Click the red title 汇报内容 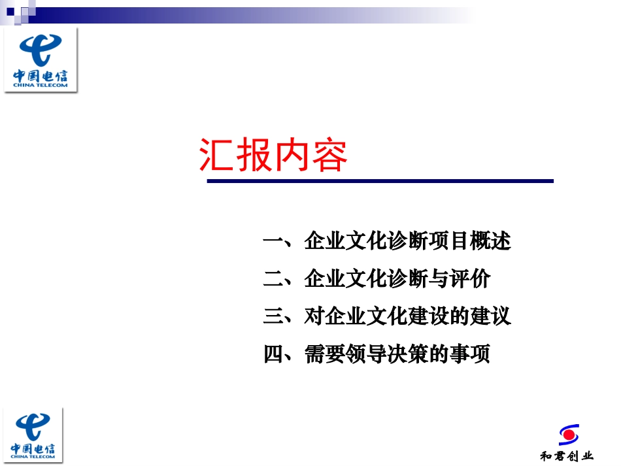coord(273,155)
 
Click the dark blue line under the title coord(380,181)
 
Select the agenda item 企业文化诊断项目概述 coord(407,241)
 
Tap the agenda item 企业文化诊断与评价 coord(397,278)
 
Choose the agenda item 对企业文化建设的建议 coord(407,316)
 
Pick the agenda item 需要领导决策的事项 coord(397,353)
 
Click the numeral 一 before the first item coord(273,241)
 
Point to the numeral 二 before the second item coord(273,278)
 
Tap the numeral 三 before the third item coord(273,316)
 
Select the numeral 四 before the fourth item coord(273,353)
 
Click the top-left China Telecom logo coord(41,60)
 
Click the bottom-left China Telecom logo coord(33,435)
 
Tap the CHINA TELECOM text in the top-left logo coord(41,85)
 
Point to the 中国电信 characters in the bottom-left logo coord(33,448)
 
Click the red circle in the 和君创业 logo coord(569,435)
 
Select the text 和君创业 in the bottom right coord(567,456)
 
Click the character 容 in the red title coord(329,155)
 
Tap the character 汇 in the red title coord(216,155)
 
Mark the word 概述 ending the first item coord(491,241)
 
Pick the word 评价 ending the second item coord(470,278)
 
